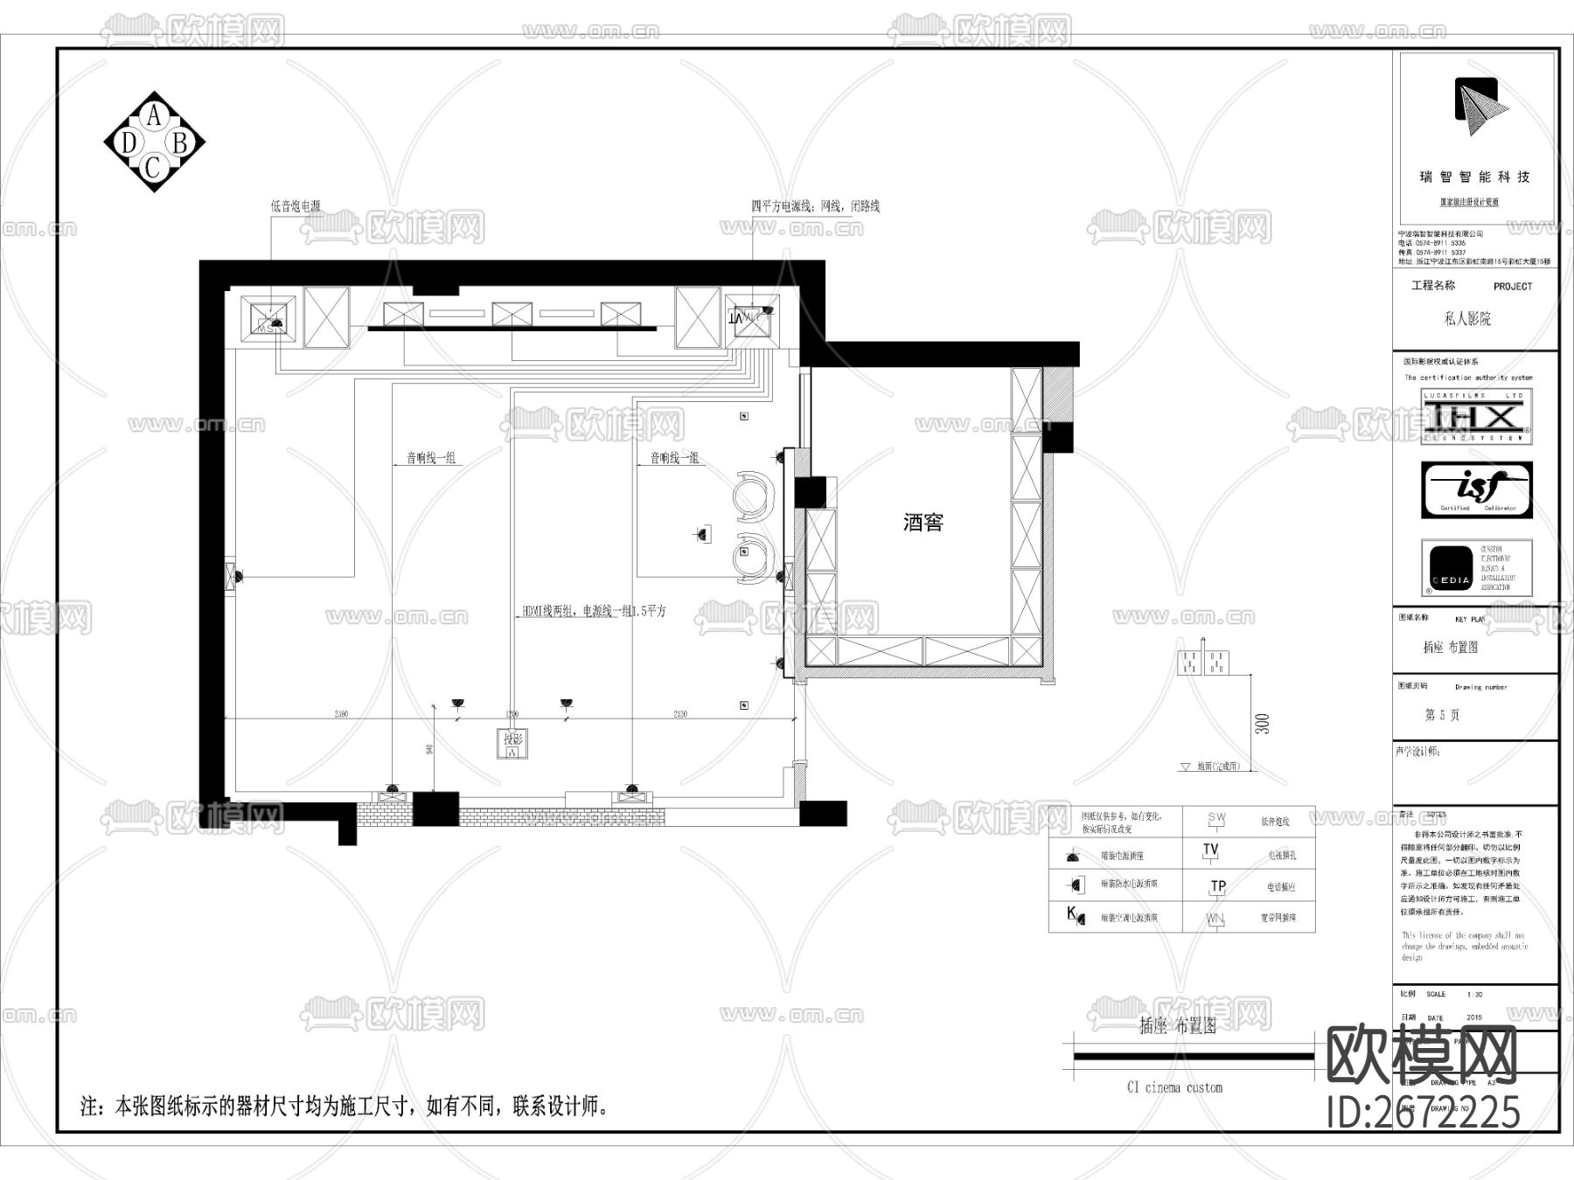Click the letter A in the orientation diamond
coord(154,115)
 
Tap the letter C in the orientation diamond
coord(153,167)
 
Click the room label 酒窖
coord(923,523)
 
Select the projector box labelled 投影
coord(512,743)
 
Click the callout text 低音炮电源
coord(296,206)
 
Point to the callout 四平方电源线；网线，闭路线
coord(815,206)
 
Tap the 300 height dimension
coord(1262,724)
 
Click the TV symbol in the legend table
coord(1210,850)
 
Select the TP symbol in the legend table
coord(1217,886)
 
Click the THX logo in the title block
coord(1476,416)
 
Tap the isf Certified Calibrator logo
coord(1476,490)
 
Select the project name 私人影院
coord(1466,319)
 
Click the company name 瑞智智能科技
coord(1474,177)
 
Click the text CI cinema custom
coord(1174,1087)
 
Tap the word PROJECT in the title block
coord(1512,287)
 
